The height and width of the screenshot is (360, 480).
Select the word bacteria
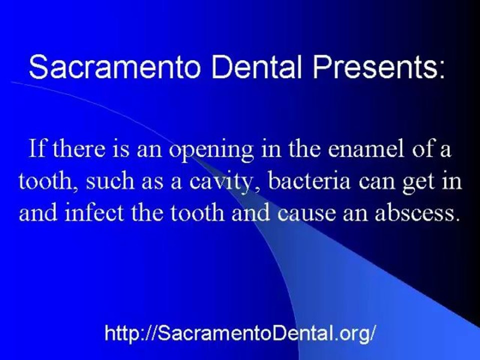pyautogui.click(x=309, y=180)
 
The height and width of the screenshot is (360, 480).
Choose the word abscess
pyautogui.click(x=417, y=213)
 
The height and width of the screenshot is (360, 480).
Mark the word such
pyautogui.click(x=110, y=180)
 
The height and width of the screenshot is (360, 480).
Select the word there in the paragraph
pyautogui.click(x=78, y=148)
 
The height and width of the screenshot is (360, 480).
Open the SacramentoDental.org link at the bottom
pyautogui.click(x=239, y=333)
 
